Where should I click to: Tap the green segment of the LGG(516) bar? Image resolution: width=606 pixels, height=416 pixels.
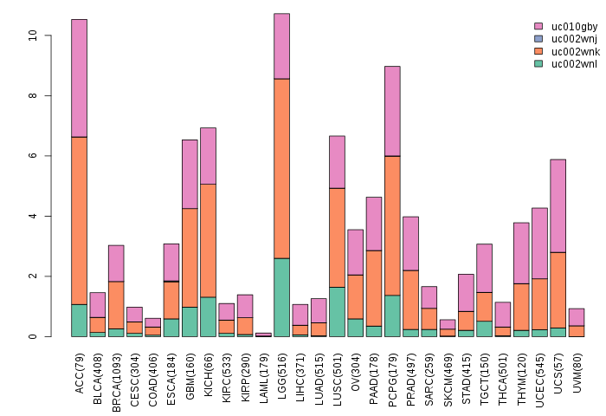click(x=281, y=297)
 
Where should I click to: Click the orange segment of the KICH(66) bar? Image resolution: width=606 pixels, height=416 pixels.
click(x=208, y=240)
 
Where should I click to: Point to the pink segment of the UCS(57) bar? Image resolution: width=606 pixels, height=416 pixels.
click(x=558, y=205)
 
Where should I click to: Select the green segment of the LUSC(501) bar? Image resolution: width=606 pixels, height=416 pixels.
click(x=337, y=311)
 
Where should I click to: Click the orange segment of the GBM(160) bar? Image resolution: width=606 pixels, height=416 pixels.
click(x=190, y=257)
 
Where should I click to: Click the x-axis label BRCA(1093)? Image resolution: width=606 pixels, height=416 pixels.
click(x=116, y=371)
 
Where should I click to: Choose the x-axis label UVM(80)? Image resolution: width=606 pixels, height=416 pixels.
click(x=577, y=366)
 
